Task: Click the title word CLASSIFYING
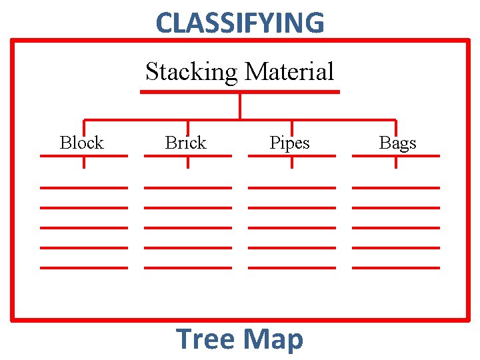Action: [x=240, y=23]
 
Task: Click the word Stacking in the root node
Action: [x=191, y=71]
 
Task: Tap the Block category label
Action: [x=81, y=143]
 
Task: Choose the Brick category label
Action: [x=185, y=143]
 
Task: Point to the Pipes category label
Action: [x=289, y=143]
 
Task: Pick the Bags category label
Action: [x=397, y=143]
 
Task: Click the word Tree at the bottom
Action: [x=205, y=339]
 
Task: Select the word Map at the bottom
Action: [x=274, y=339]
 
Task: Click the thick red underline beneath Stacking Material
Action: [x=240, y=92]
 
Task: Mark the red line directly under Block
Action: [x=84, y=155]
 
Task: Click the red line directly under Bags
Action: [x=396, y=155]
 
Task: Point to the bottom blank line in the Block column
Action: [x=84, y=267]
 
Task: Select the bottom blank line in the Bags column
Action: [x=396, y=267]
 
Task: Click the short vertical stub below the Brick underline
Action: [x=188, y=162]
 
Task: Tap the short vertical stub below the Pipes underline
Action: [x=292, y=162]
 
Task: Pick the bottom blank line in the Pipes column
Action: [x=292, y=267]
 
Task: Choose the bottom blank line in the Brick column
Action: [x=188, y=267]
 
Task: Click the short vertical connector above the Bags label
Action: [x=396, y=127]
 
